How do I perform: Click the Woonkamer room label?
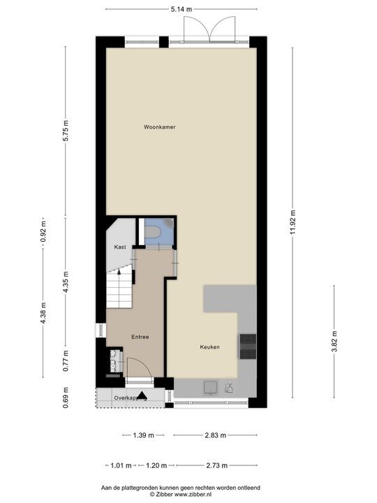tap(159, 127)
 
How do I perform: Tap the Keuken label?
tap(210, 347)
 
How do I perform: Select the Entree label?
tap(140, 337)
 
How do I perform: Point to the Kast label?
tap(119, 247)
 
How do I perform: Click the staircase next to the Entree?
tap(119, 288)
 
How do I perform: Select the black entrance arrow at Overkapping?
tap(142, 395)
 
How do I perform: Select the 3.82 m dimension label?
tap(334, 343)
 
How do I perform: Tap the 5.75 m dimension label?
tap(65, 131)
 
